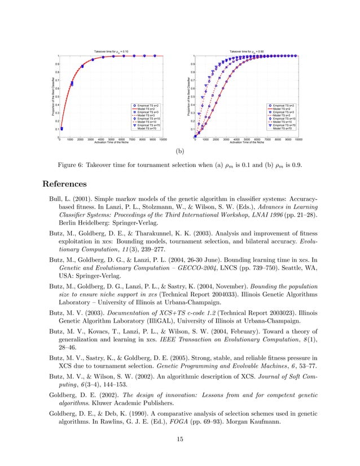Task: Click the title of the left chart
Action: pyautogui.click(x=112, y=51)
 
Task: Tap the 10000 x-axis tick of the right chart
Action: pyautogui.click(x=298, y=139)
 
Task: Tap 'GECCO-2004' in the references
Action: pyautogui.click(x=185, y=265)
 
